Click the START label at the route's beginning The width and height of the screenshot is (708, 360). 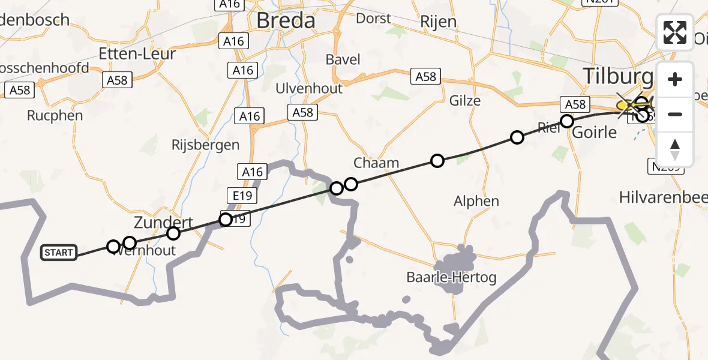59,253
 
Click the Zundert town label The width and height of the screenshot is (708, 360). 163,223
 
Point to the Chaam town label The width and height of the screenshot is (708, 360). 376,163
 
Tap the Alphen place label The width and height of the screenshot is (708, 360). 476,201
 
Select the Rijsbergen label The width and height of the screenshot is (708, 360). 205,145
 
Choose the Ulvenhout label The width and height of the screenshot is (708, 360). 308,88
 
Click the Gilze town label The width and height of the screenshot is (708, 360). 465,100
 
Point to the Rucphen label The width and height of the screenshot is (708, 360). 55,115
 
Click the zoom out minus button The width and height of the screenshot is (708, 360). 675,114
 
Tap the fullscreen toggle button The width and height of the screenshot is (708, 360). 675,32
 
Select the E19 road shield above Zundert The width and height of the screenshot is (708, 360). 242,196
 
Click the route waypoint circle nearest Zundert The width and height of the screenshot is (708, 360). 173,233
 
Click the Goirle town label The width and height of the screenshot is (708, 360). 594,131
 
